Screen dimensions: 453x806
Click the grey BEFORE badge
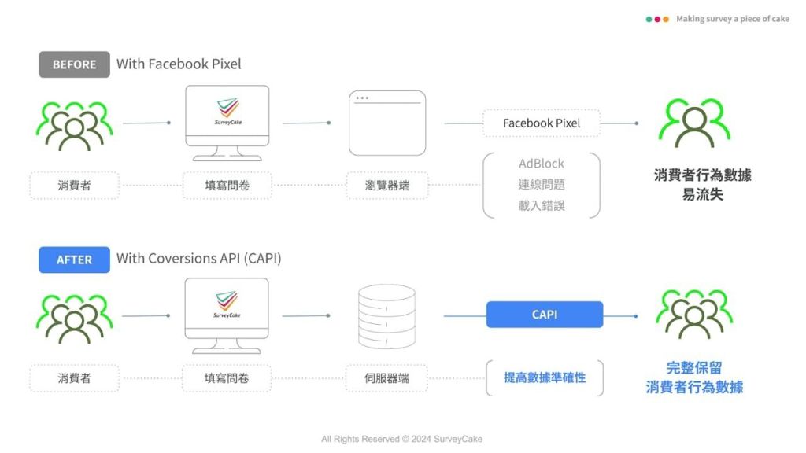[74, 64]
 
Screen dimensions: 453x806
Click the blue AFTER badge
[74, 260]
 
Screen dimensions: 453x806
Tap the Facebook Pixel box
[542, 123]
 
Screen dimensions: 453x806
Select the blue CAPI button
[545, 315]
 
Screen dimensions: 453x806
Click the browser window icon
[387, 123]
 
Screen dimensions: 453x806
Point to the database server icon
[386, 316]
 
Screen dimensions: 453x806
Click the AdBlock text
[542, 164]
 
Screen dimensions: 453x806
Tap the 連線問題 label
[542, 185]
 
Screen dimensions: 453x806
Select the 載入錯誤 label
[542, 205]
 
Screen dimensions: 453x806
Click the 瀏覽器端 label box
[387, 186]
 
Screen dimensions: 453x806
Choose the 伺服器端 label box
[387, 378]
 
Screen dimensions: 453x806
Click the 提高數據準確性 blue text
[545, 378]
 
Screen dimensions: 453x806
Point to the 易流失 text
[702, 194]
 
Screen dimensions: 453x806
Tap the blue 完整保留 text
[693, 367]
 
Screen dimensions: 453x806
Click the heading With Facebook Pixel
[179, 64]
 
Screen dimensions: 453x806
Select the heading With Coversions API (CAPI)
[198, 258]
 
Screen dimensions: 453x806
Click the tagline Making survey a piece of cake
[732, 19]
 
